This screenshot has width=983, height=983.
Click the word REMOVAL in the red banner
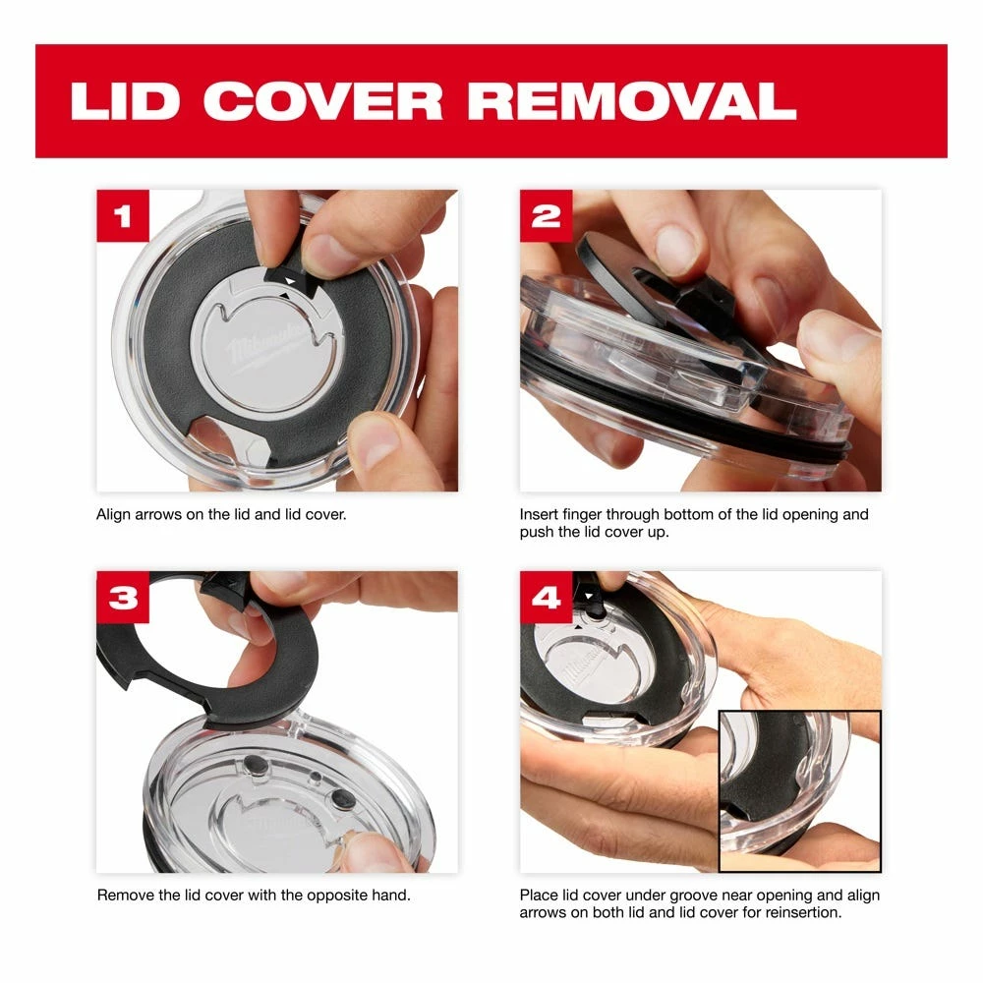point(632,101)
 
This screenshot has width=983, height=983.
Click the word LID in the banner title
point(126,101)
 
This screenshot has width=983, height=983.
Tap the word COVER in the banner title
point(322,101)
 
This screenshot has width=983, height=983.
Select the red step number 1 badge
point(123,215)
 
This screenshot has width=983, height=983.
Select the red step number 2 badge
point(546,215)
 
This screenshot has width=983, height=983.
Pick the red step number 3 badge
point(123,597)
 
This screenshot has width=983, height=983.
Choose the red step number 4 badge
point(546,597)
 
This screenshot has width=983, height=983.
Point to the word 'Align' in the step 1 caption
point(113,515)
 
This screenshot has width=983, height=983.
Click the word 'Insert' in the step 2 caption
point(539,515)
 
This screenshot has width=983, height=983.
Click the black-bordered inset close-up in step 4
point(799,790)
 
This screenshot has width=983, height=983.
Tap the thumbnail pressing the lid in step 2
point(674,249)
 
